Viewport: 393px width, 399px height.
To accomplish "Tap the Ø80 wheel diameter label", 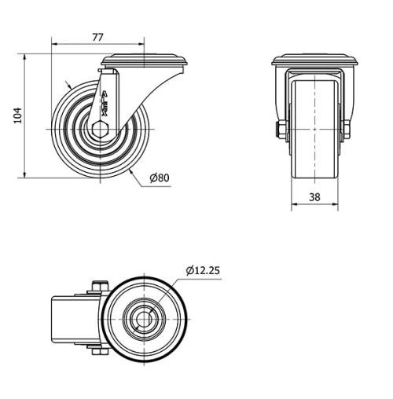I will [x=159, y=178].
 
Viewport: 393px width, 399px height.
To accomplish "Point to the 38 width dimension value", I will [x=314, y=198].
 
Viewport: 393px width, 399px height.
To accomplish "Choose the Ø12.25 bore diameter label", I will [x=203, y=270].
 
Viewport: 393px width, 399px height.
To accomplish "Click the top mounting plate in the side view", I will [x=145, y=60].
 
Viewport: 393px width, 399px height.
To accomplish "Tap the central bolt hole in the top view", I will [x=146, y=320].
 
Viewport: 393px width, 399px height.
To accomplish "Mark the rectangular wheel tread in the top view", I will [x=71, y=320].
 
